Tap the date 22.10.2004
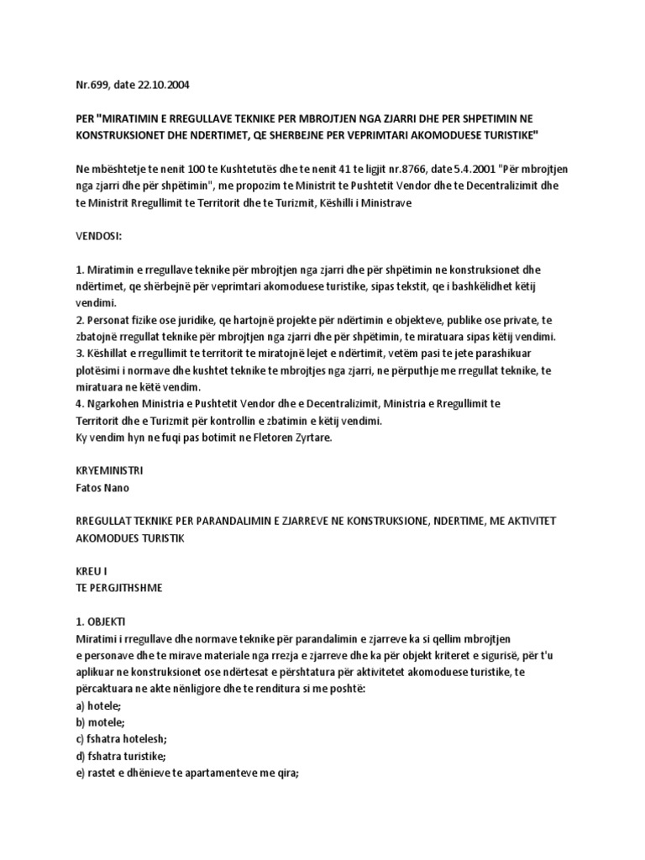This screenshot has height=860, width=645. [x=167, y=85]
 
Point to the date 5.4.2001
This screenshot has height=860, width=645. [x=454, y=169]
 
